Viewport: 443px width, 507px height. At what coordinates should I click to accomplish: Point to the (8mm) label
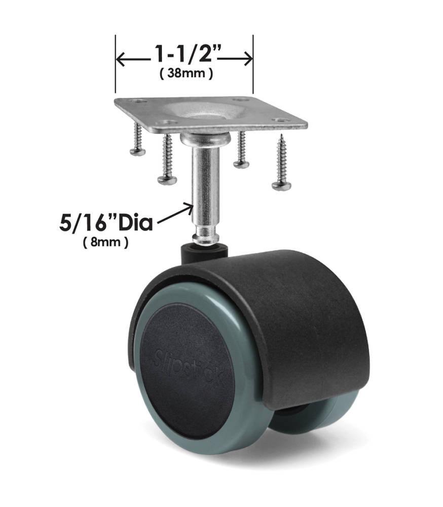point(105,242)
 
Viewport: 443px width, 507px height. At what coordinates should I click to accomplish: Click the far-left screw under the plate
point(136,140)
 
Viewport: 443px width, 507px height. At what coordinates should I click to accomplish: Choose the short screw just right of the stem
point(241,150)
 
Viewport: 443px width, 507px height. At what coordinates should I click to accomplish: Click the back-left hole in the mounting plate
point(140,101)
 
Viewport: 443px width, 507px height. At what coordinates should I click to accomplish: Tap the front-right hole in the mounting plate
point(278,121)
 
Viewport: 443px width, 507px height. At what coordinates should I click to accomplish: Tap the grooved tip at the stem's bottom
point(207,234)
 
